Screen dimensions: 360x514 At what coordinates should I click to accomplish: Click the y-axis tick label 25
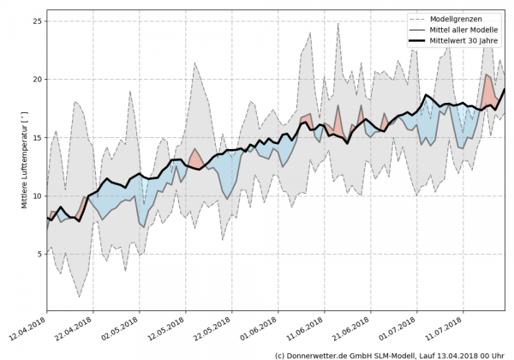click(37, 21)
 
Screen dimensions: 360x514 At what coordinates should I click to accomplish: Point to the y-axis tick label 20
click(37, 79)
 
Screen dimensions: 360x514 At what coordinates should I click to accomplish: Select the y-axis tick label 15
click(37, 137)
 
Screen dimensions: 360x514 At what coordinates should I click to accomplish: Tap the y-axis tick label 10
click(37, 195)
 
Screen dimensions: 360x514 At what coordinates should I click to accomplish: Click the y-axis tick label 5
click(39, 254)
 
